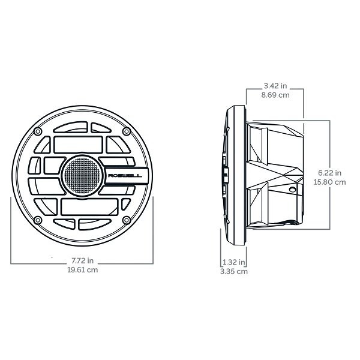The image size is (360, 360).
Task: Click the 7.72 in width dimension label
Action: pyautogui.click(x=82, y=260)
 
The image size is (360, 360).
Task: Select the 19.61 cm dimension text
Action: pyautogui.click(x=82, y=270)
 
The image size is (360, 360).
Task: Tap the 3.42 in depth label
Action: pyautogui.click(x=275, y=86)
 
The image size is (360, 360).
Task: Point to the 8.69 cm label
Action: pyautogui.click(x=275, y=95)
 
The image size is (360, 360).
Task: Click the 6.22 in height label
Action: pyautogui.click(x=329, y=173)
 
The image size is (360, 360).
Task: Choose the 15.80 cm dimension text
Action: pyautogui.click(x=329, y=182)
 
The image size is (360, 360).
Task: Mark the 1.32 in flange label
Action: pyautogui.click(x=234, y=262)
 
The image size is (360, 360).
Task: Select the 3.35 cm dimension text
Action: pyautogui.click(x=234, y=271)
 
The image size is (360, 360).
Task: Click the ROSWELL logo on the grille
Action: pyautogui.click(x=125, y=176)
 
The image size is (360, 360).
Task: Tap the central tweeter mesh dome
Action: pyautogui.click(x=82, y=176)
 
